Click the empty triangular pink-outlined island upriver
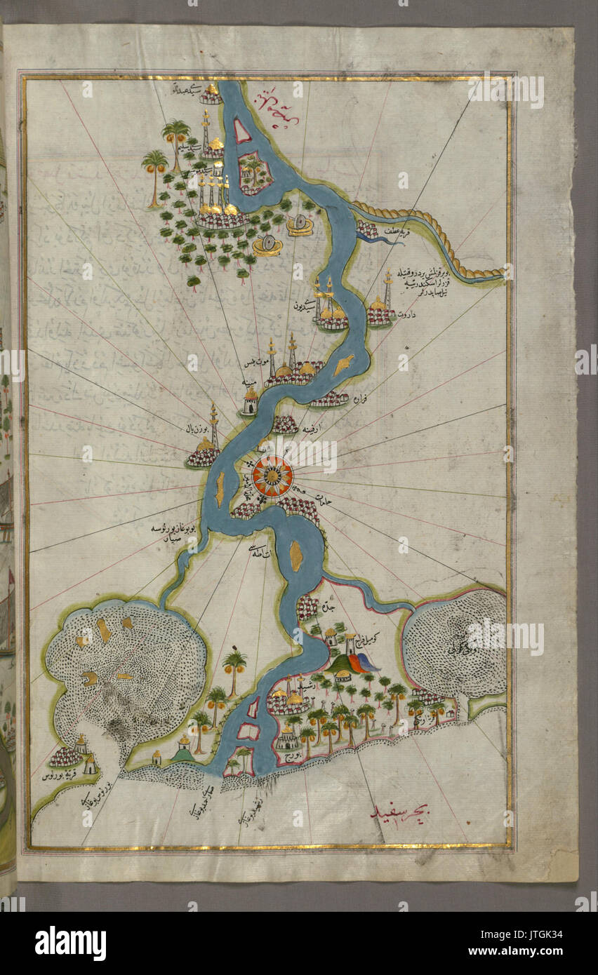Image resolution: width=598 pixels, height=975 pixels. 243,130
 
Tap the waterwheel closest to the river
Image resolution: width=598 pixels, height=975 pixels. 299,225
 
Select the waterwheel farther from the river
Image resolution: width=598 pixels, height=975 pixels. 267,246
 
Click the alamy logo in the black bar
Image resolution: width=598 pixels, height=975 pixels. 70,943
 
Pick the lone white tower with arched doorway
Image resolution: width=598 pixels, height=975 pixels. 250,402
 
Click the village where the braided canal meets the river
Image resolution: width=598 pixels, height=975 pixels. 366,229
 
